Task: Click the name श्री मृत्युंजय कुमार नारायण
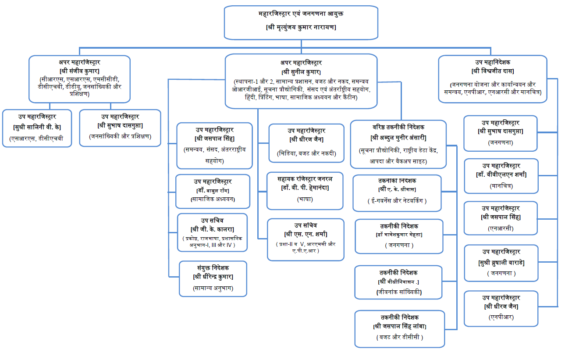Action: coord(301,27)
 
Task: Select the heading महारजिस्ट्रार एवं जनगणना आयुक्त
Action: coord(301,14)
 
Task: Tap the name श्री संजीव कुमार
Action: coord(79,71)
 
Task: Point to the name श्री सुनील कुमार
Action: coord(301,71)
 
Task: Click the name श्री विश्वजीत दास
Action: coord(493,71)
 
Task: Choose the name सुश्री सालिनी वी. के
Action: coord(37,127)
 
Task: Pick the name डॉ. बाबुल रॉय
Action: coord(213,190)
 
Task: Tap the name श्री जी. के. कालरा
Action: coord(213,229)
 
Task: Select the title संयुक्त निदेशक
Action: coord(213,267)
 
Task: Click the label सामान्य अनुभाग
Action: coord(213,288)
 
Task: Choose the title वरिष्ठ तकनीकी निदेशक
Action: coord(398,127)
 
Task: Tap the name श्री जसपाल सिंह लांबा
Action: coord(400,326)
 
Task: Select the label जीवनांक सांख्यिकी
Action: coord(399,292)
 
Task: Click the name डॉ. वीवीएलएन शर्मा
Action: coord(501,175)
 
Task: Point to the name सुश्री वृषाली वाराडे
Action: coord(501,263)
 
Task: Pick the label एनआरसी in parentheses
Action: coord(501,228)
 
